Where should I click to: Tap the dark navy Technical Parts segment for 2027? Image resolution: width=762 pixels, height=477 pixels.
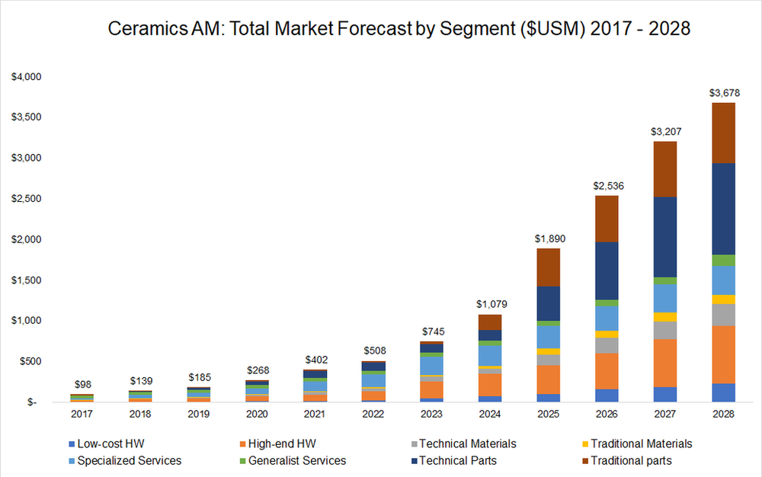tap(664, 236)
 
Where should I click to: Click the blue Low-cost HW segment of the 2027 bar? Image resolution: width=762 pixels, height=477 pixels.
tap(664, 394)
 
